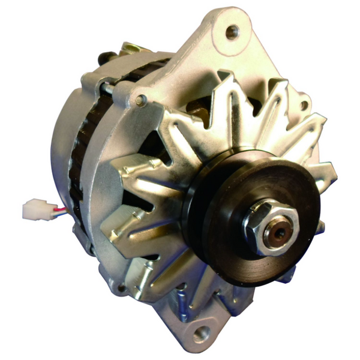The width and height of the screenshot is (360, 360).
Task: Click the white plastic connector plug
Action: (x=32, y=209)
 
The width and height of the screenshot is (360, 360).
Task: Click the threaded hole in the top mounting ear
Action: (x=232, y=31)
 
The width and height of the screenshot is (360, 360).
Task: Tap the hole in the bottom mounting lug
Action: (x=201, y=332)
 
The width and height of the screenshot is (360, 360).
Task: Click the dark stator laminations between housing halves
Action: (x=78, y=156)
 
